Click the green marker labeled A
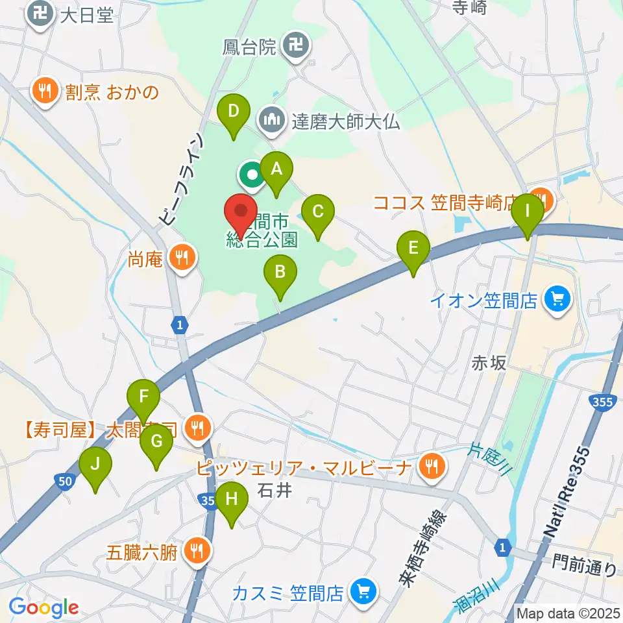pyautogui.click(x=276, y=170)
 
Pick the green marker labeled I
pyautogui.click(x=527, y=212)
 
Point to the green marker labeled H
pyautogui.click(x=231, y=500)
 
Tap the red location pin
pyautogui.click(x=241, y=211)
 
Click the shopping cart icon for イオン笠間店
pyautogui.click(x=556, y=300)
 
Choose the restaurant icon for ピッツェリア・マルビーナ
pyautogui.click(x=429, y=465)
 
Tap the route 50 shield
pyautogui.click(x=64, y=481)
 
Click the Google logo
pyautogui.click(x=43, y=607)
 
